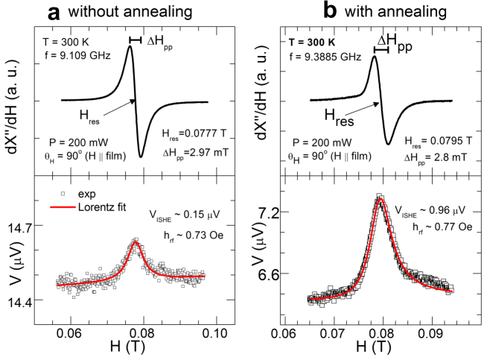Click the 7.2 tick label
point(265,212)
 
